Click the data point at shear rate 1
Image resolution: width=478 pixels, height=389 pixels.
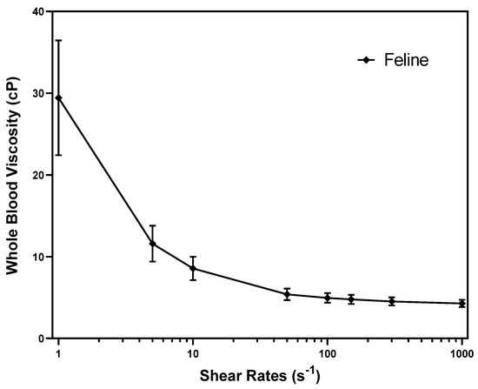pos(58,97)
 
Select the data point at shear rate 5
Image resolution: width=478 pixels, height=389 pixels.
pos(152,244)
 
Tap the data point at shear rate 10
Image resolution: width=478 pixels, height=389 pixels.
pos(193,268)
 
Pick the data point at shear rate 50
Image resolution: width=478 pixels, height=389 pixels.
pos(287,294)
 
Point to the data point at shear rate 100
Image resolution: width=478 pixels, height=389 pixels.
pos(328,298)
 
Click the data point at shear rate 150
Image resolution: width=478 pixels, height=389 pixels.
pos(351,299)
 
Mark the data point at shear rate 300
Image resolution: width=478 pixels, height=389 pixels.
pos(392,301)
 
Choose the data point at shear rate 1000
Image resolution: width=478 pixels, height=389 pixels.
pos(461,303)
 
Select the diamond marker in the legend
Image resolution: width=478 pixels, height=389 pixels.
pos(368,60)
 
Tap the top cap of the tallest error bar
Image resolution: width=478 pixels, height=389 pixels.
pos(58,40)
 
